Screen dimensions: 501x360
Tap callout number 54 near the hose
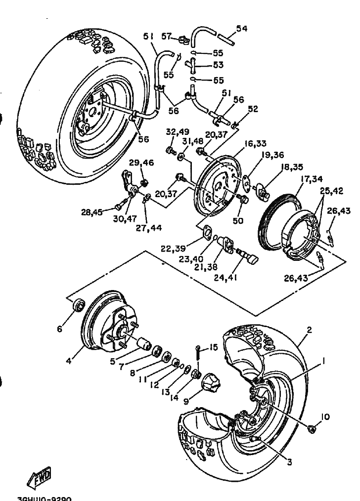[241, 29]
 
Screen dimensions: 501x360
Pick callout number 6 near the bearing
[60, 328]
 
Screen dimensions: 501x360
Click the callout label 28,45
[92, 212]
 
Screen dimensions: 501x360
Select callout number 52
[253, 109]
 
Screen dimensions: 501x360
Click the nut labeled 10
[312, 429]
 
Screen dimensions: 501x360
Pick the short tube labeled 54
[225, 37]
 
